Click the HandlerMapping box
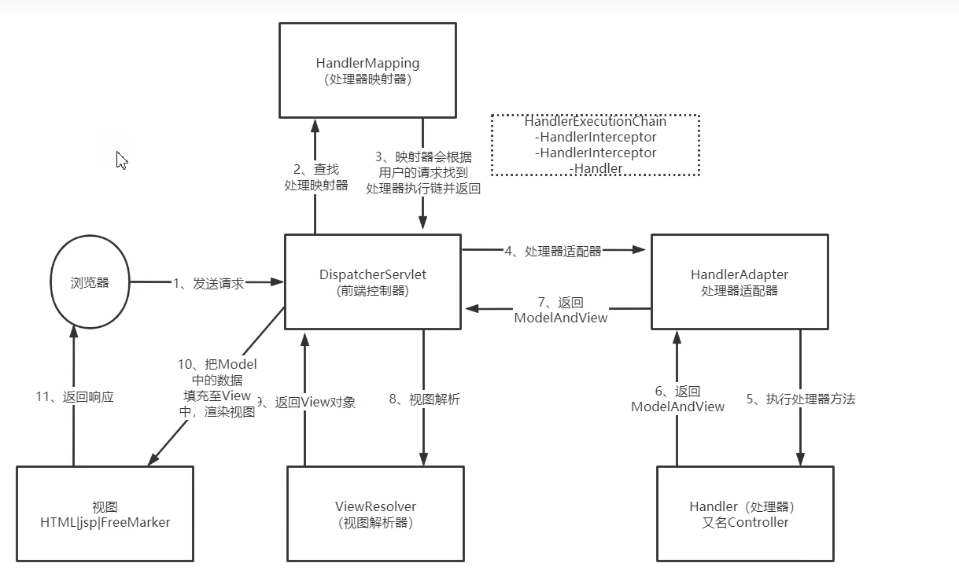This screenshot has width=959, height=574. coord(367,70)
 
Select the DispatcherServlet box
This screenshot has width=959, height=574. coord(372,281)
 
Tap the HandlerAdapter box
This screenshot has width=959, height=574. coord(739,281)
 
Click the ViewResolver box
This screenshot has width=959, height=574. coord(374,513)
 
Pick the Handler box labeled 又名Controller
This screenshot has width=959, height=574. coord(744,513)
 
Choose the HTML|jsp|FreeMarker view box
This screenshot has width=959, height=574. coord(105,513)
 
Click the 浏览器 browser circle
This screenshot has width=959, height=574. coord(90,283)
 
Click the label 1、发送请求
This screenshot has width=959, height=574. coord(208,284)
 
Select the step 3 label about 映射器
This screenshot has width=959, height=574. coord(423,173)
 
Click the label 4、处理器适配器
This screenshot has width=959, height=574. coord(553,252)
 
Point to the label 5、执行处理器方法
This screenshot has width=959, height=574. coord(801,399)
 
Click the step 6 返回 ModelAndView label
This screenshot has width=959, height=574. coord(677,399)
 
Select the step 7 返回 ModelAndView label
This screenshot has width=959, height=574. coord(560,311)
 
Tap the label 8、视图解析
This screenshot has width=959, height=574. coord(424,399)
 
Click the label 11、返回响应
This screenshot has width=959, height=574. coord(77,397)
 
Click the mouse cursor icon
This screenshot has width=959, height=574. coord(121,160)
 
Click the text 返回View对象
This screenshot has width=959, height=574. coord(315,403)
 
